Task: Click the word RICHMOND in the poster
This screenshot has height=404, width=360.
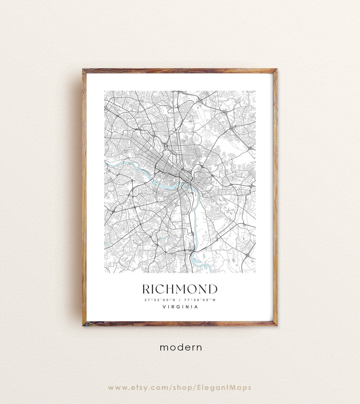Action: click(x=180, y=289)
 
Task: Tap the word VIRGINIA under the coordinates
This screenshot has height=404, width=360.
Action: click(x=180, y=307)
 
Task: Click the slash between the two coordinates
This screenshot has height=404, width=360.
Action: click(x=180, y=300)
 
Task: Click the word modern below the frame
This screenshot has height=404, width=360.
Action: click(x=181, y=347)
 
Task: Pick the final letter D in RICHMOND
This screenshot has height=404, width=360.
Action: click(x=213, y=289)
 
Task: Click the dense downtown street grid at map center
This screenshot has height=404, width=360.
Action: click(x=167, y=163)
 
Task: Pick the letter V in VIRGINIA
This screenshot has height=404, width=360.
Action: click(x=164, y=307)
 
